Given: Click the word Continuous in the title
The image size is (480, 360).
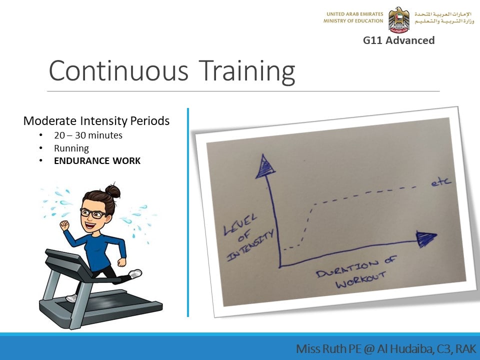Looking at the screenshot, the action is [x=118, y=70].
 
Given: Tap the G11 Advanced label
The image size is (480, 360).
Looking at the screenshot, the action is [x=398, y=40].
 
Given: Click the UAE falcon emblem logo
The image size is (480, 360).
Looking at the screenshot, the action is [x=399, y=19].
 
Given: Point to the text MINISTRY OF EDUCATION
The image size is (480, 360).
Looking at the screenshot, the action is [x=353, y=21].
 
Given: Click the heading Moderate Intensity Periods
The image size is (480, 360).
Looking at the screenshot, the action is [x=96, y=121].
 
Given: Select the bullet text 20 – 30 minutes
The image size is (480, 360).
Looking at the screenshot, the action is [x=88, y=135].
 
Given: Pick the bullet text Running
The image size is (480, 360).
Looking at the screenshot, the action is [x=71, y=148].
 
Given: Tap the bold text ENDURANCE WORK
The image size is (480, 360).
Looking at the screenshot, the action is [x=97, y=161].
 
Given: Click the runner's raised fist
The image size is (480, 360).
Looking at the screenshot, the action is [x=64, y=225].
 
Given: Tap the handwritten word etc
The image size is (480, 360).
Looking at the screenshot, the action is [x=441, y=182].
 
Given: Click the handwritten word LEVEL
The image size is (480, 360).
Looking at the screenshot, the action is [x=240, y=224].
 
